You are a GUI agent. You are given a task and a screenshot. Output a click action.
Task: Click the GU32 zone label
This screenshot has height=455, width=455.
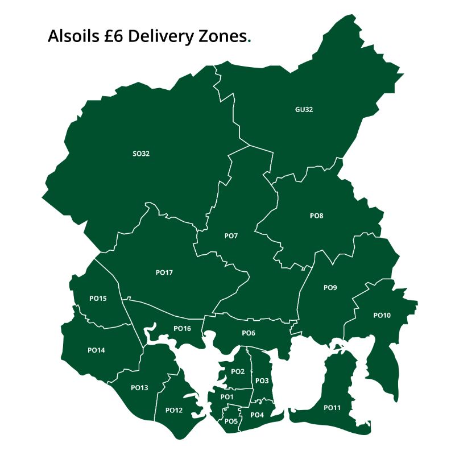tap(304, 110)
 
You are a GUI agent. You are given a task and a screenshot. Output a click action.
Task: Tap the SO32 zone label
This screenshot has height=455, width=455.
tap(140, 154)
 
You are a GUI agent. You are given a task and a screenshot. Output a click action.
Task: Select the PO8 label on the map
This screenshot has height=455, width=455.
tap(317, 216)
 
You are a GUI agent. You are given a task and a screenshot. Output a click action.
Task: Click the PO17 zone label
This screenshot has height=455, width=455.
tap(164, 273)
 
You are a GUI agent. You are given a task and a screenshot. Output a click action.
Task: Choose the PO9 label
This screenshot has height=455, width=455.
tap(330, 288)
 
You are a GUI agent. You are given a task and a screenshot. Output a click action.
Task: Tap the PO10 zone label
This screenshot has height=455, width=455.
tap(382, 315)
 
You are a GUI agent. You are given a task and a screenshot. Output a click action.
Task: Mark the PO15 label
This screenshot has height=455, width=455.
tap(98, 298)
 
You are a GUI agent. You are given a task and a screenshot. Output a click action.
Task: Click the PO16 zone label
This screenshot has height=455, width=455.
tap(182, 328)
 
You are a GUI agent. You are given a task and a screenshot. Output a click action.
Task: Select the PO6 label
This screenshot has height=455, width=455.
tap(249, 333)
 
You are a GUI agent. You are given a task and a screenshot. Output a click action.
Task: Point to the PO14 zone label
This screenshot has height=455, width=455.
tap(96, 350)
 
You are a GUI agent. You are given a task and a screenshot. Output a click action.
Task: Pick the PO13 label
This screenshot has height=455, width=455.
tap(139, 388)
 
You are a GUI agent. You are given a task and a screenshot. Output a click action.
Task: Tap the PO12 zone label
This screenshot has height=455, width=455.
tap(173, 410)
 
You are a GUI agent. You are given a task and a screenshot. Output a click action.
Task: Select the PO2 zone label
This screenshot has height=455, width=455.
tap(238, 371)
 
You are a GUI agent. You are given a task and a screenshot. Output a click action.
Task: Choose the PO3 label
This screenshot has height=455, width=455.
tap(262, 380)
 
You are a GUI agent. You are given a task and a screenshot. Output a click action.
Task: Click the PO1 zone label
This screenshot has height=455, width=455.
tap(227, 396)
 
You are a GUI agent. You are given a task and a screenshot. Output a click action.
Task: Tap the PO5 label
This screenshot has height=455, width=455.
tap(231, 421)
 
